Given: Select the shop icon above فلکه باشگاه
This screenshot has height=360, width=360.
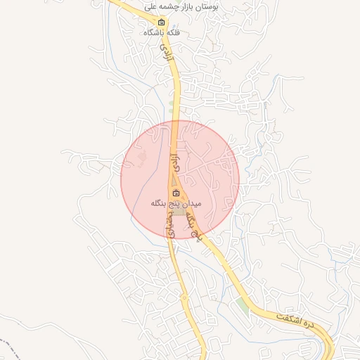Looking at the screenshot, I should pyautogui.click(x=162, y=22).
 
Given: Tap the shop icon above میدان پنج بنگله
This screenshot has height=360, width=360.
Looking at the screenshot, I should pyautogui.click(x=176, y=193).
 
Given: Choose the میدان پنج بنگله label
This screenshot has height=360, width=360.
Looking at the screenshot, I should pyautogui.click(x=176, y=203).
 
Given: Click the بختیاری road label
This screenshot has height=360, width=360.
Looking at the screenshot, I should pyautogui.click(x=169, y=225).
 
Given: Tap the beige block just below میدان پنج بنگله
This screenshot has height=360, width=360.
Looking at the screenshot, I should pyautogui.click(x=179, y=211).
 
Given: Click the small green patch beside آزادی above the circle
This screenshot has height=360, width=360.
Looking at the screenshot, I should pyautogui.click(x=172, y=108).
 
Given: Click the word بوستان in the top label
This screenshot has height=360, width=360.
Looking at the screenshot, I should pyautogui.click(x=225, y=6).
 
